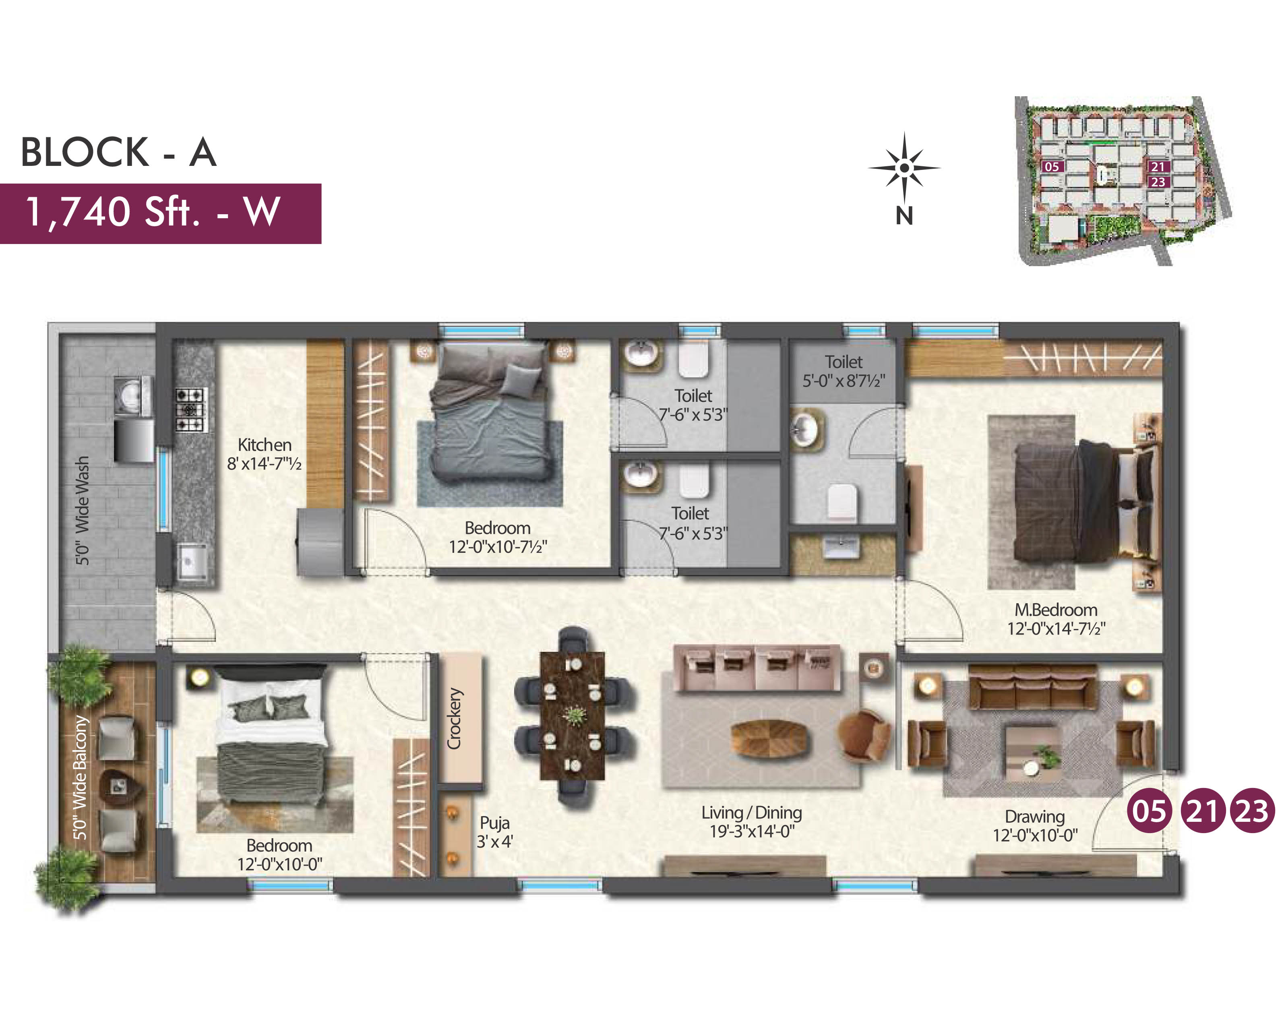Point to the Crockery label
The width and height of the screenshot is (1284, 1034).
(x=455, y=718)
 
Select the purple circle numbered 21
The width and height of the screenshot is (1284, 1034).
(x=1202, y=811)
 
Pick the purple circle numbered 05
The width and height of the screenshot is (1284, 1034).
(x=1150, y=811)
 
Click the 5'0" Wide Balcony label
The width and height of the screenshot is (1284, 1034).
(x=81, y=777)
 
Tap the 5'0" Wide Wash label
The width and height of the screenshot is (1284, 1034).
(x=82, y=511)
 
